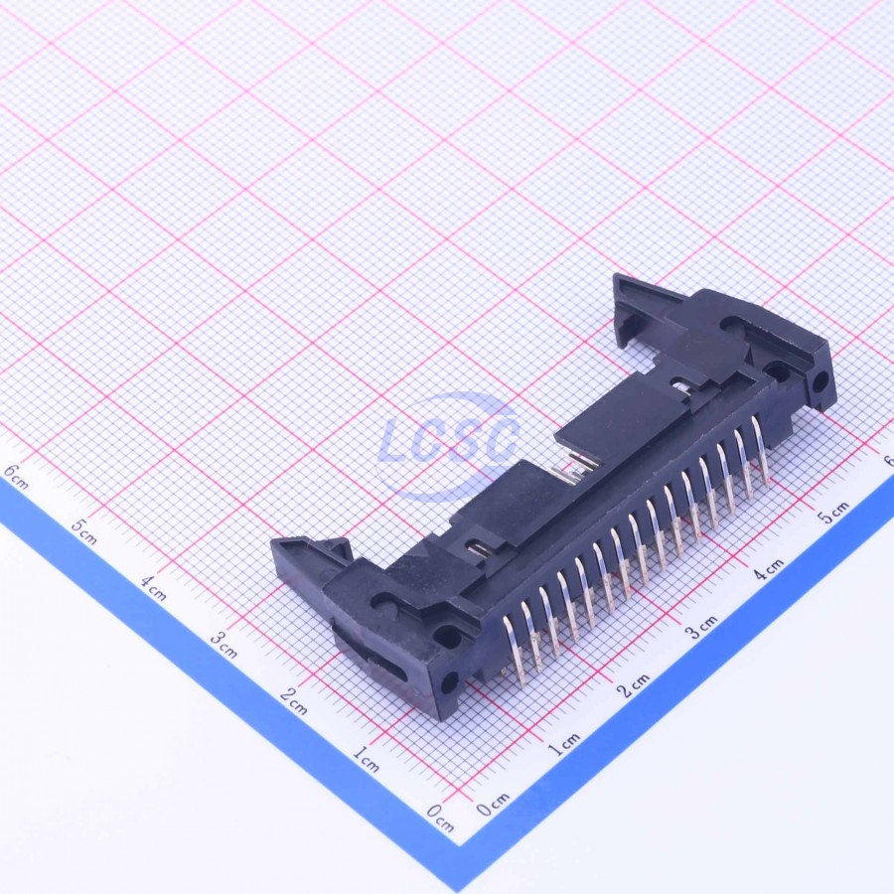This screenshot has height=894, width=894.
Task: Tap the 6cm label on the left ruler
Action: (15, 477)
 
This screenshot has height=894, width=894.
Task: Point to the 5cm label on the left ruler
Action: (83, 532)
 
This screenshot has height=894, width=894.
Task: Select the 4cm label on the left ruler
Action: (154, 588)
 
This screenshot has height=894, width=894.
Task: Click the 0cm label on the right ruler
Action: (493, 804)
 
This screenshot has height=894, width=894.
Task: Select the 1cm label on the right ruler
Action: (563, 744)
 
